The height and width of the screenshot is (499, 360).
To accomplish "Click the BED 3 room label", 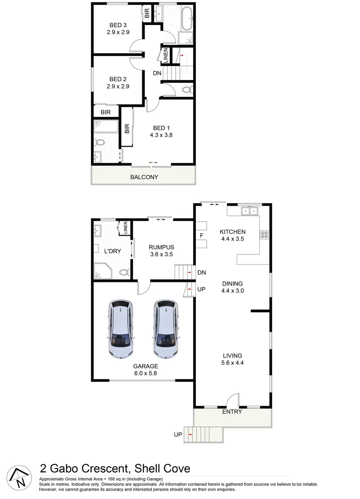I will [118, 25].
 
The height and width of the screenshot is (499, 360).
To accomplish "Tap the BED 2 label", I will [118, 79].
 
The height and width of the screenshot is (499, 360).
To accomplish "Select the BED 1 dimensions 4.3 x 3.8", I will [161, 135].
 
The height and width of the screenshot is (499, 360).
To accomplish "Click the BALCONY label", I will [144, 177].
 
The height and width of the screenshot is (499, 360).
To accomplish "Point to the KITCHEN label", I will [232, 232].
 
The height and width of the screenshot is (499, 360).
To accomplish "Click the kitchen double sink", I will [250, 211].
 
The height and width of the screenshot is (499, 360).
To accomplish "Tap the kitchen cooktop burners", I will [264, 234].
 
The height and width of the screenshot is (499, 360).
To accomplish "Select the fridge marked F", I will [201, 236].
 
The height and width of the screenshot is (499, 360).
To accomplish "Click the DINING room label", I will [232, 284].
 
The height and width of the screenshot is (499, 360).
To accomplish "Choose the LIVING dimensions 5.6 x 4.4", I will [232, 363].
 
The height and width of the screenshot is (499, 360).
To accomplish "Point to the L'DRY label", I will [112, 251].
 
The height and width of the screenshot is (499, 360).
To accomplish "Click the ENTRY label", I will [232, 412].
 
